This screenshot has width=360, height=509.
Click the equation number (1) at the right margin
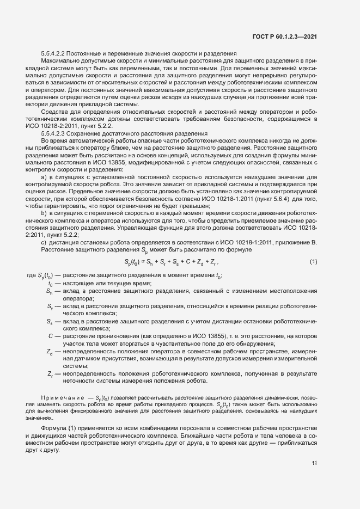[313, 262]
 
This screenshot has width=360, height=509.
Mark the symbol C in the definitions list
[50, 336]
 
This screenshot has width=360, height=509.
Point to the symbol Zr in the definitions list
[50, 374]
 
